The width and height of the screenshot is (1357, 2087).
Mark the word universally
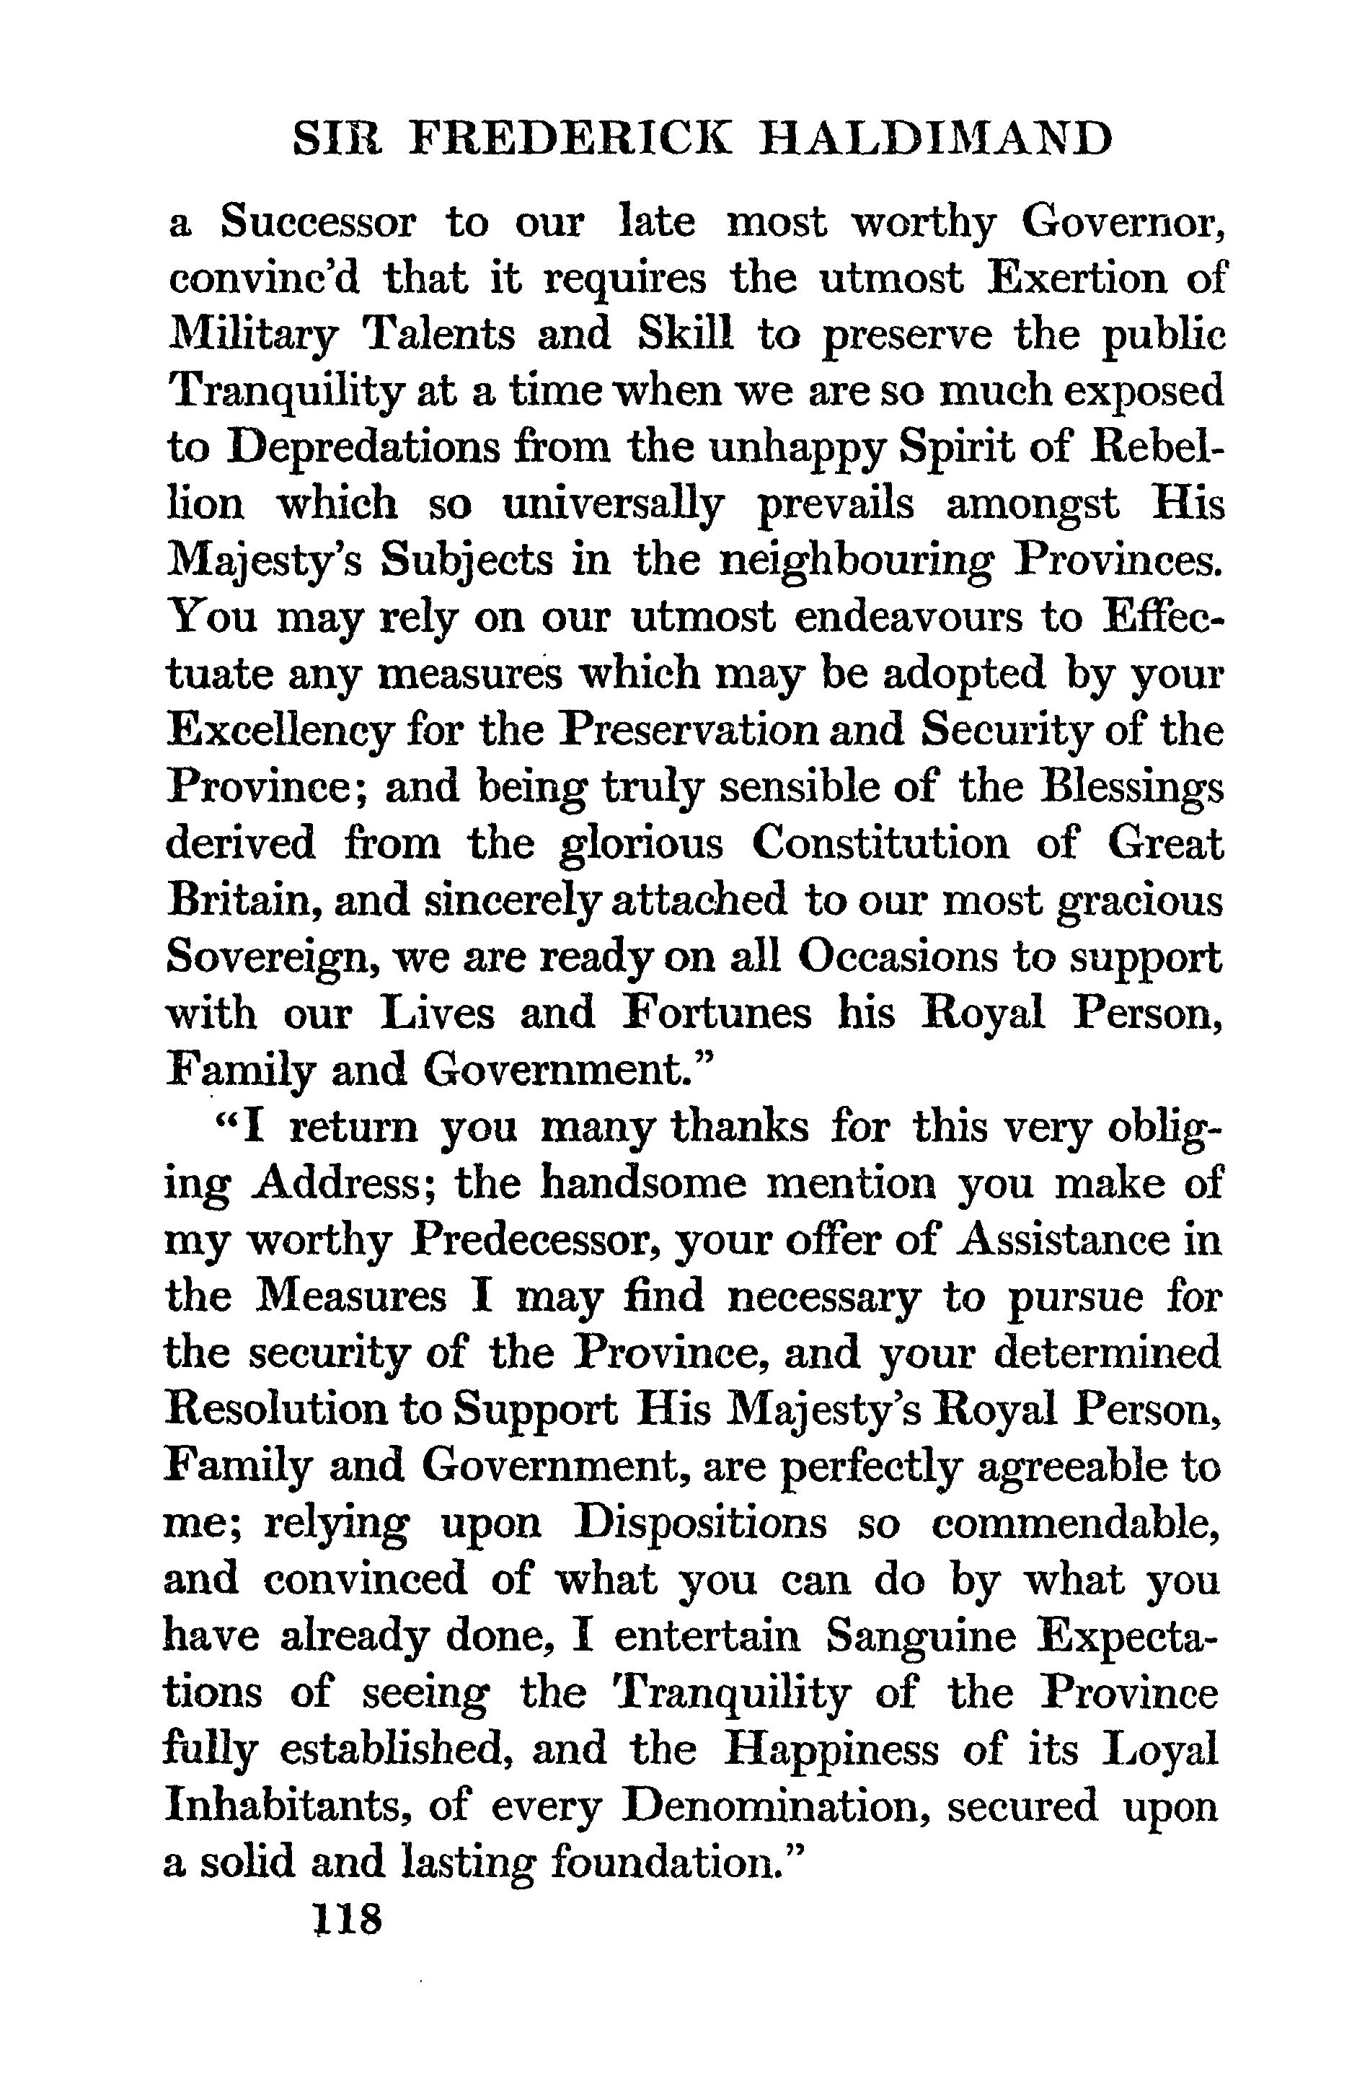coord(613,504)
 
